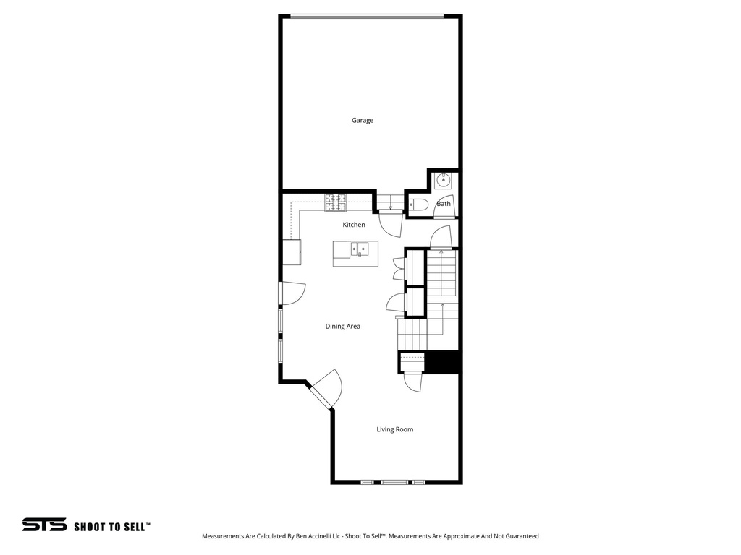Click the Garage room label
click(x=363, y=120)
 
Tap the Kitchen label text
click(x=354, y=225)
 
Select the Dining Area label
click(x=342, y=327)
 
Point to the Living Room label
click(x=394, y=429)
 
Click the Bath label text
click(x=444, y=204)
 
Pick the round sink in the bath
click(x=443, y=180)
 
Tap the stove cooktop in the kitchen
click(x=335, y=202)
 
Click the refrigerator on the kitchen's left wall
click(x=292, y=252)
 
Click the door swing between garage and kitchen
click(x=391, y=224)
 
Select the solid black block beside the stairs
click(x=442, y=362)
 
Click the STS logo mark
click(x=44, y=525)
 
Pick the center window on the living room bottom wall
click(x=394, y=482)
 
